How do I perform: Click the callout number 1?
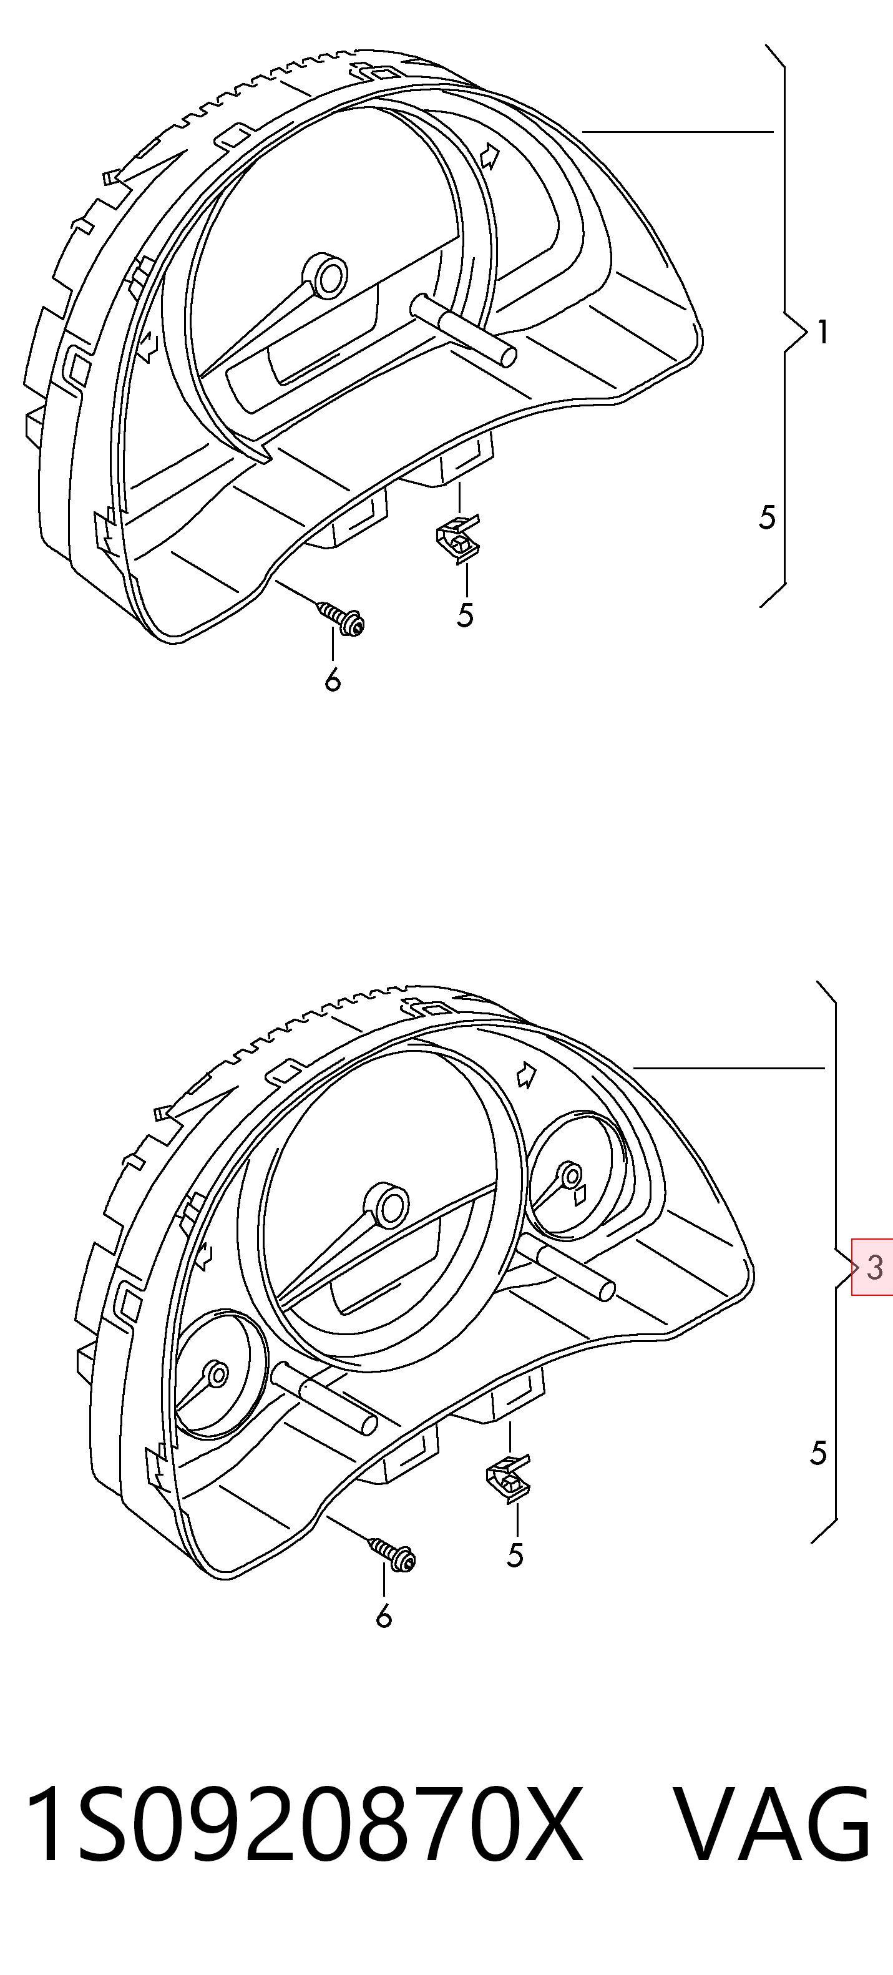click(822, 332)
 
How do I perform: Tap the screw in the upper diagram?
click(342, 617)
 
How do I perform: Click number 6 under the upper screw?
click(332, 680)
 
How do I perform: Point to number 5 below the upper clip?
click(466, 615)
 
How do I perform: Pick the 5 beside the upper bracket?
click(768, 517)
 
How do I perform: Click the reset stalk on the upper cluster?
click(464, 330)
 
